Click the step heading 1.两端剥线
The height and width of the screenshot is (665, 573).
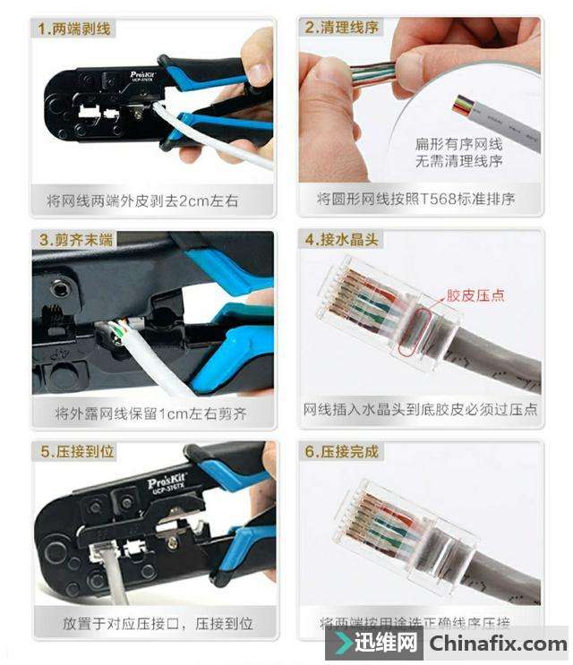pyautogui.click(x=75, y=30)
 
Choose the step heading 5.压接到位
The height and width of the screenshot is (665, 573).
pyautogui.click(x=77, y=452)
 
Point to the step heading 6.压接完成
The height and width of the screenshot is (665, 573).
pyautogui.click(x=342, y=452)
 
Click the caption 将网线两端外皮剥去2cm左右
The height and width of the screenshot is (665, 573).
pyautogui.click(x=142, y=200)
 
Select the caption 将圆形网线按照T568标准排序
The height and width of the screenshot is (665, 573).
pyautogui.click(x=416, y=199)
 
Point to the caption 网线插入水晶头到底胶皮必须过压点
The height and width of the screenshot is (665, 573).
pyautogui.click(x=421, y=409)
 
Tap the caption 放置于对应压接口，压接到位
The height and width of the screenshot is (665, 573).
pyautogui.click(x=158, y=622)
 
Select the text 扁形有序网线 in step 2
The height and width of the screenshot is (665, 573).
pyautogui.click(x=459, y=144)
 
